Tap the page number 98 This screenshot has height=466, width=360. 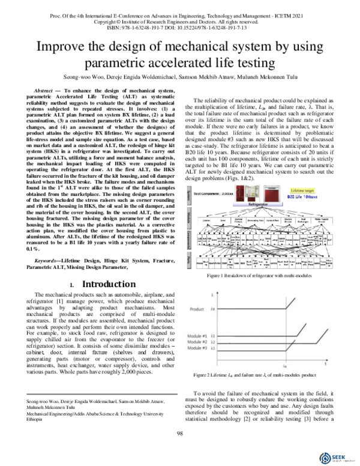[x=179, y=435]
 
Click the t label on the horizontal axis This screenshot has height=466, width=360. [x=326, y=363]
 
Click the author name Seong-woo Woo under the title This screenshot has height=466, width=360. [x=82, y=77]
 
